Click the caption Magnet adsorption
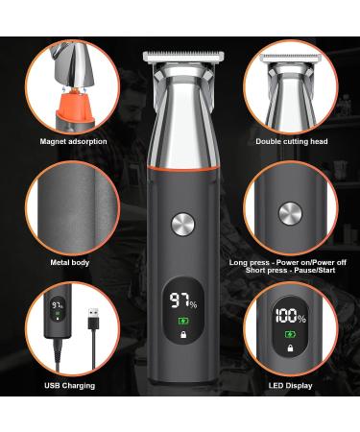tap(74, 141)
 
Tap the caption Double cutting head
tap(291, 141)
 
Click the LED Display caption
tap(291, 386)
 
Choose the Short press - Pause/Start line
tap(291, 271)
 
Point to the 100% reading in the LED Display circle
tap(289, 317)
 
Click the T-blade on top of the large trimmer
tap(180, 57)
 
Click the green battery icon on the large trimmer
tap(180, 320)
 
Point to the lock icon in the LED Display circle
tap(289, 348)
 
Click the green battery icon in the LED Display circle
tap(289, 334)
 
